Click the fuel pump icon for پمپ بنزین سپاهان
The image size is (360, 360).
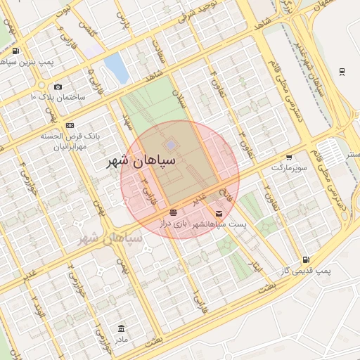pyautogui.click(x=15, y=51)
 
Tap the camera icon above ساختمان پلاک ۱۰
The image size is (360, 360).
pyautogui.click(x=58, y=86)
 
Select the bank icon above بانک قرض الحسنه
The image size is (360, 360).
pyautogui.click(x=70, y=125)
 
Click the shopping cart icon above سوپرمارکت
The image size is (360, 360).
pyautogui.click(x=289, y=157)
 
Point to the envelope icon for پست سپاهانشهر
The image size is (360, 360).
pyautogui.click(x=219, y=213)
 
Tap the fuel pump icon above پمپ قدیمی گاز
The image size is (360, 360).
pyautogui.click(x=304, y=259)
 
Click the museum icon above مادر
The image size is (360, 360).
pyautogui.click(x=122, y=328)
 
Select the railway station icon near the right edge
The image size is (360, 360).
pyautogui.click(x=342, y=71)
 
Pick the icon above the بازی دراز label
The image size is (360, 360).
pyautogui.click(x=173, y=212)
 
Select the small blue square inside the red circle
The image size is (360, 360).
pyautogui.click(x=171, y=144)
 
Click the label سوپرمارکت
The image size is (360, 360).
pyautogui.click(x=289, y=169)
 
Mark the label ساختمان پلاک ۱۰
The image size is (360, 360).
pyautogui.click(x=58, y=96)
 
